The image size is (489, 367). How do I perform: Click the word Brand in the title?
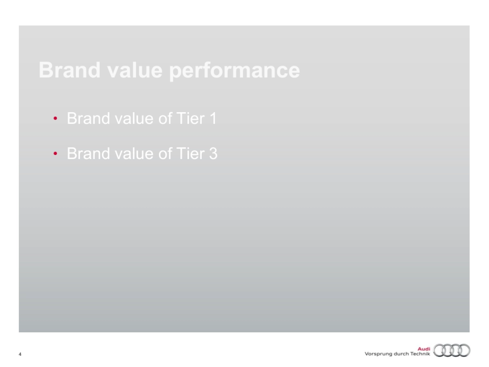pyautogui.click(x=70, y=70)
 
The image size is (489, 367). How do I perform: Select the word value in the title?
pyautogui.click(x=135, y=70)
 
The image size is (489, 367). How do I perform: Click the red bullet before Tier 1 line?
pyautogui.click(x=55, y=118)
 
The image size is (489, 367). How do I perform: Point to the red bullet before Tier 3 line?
pyautogui.click(x=55, y=154)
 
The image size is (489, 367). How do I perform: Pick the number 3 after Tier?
pyautogui.click(x=213, y=153)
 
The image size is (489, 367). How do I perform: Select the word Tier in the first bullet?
pyautogui.click(x=190, y=118)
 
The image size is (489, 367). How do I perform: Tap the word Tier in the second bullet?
pyautogui.click(x=190, y=153)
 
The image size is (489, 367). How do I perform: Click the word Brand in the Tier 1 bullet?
pyautogui.click(x=88, y=118)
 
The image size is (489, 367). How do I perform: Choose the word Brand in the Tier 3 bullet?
pyautogui.click(x=88, y=153)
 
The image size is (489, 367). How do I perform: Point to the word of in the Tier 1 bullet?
pyautogui.click(x=165, y=118)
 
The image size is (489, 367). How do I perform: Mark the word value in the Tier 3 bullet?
pyautogui.click(x=134, y=153)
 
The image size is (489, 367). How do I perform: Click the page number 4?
pyautogui.click(x=20, y=354)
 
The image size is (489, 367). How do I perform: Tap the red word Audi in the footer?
pyautogui.click(x=424, y=349)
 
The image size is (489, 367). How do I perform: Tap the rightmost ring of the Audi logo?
pyautogui.click(x=469, y=351)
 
